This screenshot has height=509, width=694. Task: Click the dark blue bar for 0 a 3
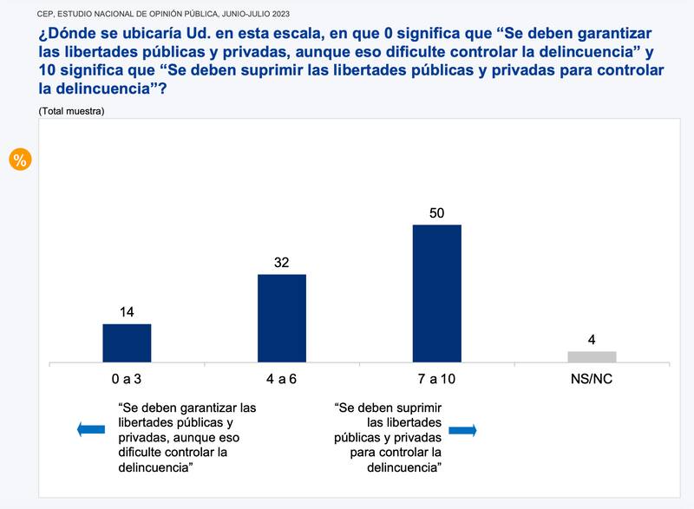pos(127,343)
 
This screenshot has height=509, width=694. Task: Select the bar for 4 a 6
pos(282,318)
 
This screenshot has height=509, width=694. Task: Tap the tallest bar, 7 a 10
pos(437,293)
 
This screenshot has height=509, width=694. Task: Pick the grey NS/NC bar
pos(592,356)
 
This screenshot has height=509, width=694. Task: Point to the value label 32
pos(281,260)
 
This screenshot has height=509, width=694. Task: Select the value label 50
pos(437,211)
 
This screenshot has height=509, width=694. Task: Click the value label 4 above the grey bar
pos(592,338)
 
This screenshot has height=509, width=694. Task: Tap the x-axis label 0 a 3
pos(127,380)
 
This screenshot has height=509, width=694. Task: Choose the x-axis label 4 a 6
pos(281,380)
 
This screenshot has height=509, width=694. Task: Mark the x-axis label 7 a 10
pos(436,380)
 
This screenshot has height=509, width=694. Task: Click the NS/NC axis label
pos(592,380)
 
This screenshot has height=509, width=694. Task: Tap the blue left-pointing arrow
pos(90,429)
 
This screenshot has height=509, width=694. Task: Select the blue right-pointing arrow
pos(462,430)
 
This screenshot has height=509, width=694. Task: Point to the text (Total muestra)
pos(71,111)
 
